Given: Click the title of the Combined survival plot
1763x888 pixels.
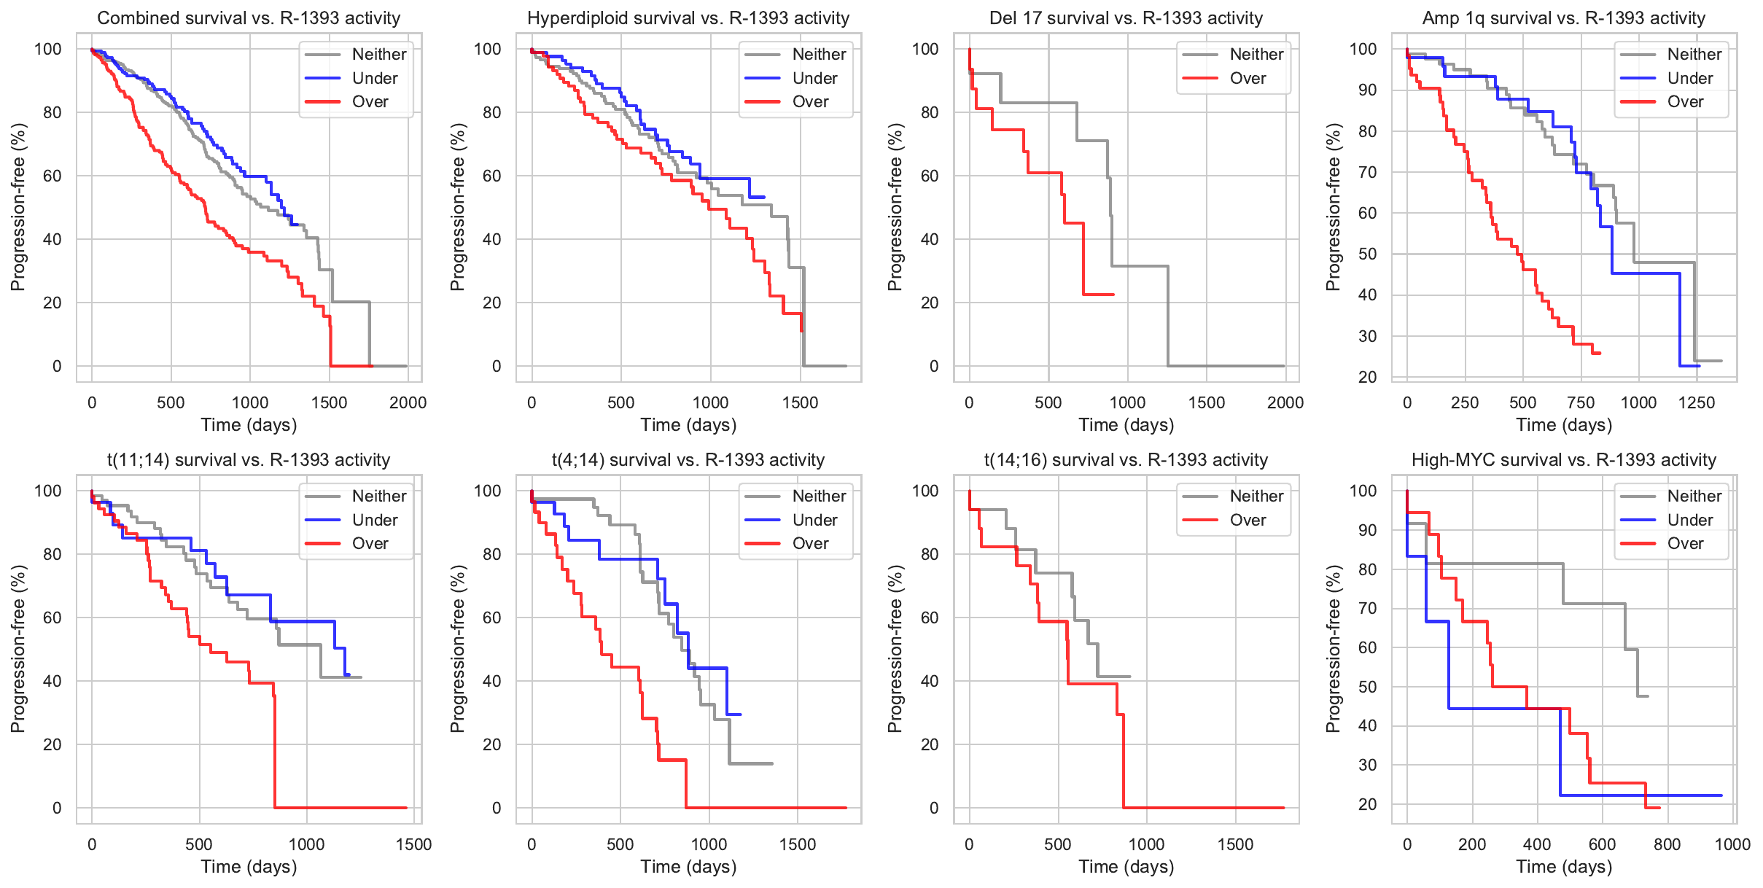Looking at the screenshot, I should pos(249,18).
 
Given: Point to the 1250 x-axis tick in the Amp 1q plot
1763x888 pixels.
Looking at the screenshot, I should pos(1697,402).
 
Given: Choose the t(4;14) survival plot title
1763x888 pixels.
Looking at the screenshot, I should pos(688,460).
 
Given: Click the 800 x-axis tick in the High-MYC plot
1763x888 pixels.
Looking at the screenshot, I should pos(1667,844).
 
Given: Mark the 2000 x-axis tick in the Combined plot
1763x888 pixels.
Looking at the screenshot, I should pos(408,402).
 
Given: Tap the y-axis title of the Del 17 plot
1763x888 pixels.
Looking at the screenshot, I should pos(895,207).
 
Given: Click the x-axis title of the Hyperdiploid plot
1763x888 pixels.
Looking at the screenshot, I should pos(688,425).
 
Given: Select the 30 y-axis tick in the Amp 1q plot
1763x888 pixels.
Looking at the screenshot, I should pos(1367,336).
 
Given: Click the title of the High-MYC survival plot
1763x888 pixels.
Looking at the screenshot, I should pos(1564,460).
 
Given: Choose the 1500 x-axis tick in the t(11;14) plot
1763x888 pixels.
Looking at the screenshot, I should pos(414,844).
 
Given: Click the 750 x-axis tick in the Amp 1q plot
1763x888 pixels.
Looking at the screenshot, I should pos(1581,402).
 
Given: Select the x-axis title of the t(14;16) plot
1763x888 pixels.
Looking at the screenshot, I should pos(1126,867).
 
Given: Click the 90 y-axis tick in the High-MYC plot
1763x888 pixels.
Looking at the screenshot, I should pos(1367,530).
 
